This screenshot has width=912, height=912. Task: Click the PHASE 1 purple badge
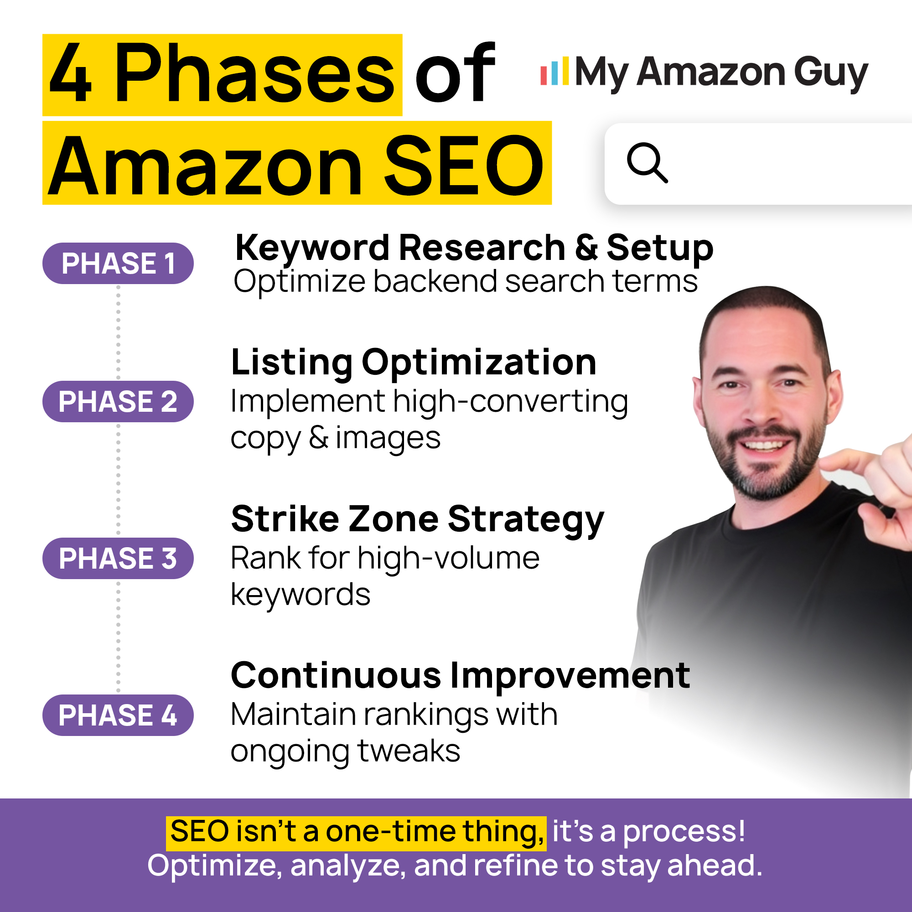point(118,263)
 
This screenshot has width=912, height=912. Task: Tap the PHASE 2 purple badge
point(118,401)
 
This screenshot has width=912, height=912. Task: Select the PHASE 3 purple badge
point(118,558)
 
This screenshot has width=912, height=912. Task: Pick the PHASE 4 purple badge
point(118,715)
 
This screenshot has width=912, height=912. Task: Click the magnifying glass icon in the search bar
point(647,162)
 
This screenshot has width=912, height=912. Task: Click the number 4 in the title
point(70,73)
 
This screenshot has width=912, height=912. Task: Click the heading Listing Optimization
point(414,363)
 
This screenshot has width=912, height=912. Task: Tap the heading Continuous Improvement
point(460,675)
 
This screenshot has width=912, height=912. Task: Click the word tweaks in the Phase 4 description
point(409,751)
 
